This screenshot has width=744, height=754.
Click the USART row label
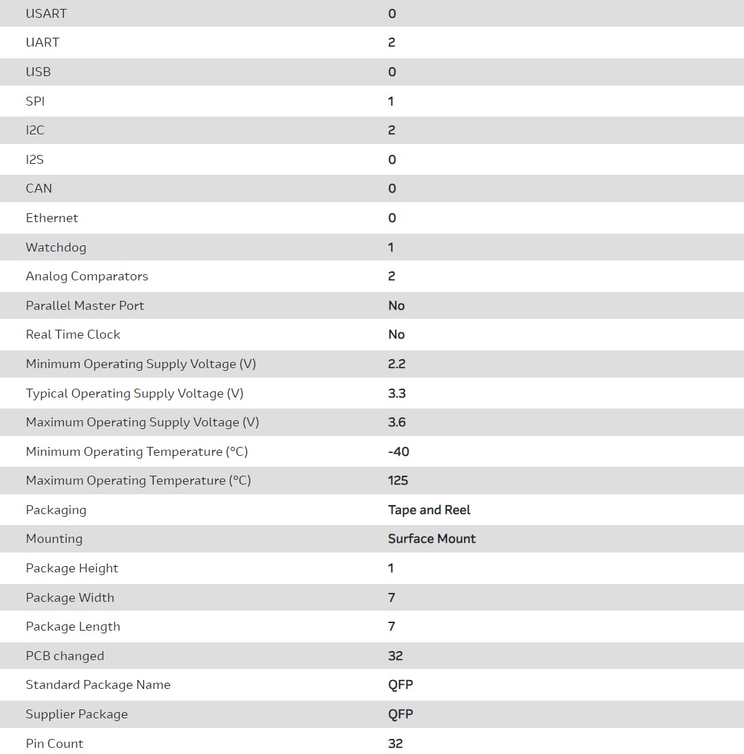[46, 13]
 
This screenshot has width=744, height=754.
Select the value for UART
[392, 42]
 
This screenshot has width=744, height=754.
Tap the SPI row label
[35, 101]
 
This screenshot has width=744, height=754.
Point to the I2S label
[35, 160]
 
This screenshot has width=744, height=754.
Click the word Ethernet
[52, 218]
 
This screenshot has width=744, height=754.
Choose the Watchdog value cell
[391, 247]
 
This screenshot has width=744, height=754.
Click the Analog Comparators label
[87, 276]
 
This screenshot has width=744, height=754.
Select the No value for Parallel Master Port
[396, 306]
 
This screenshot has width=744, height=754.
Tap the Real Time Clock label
[73, 335]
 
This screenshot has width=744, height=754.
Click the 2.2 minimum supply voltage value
[397, 364]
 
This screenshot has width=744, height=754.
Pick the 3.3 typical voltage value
[397, 393]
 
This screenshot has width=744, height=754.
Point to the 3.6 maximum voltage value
[397, 422]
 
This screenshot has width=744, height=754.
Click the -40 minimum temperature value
[398, 452]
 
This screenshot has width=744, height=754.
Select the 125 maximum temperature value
[398, 481]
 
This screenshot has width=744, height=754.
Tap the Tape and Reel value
[429, 510]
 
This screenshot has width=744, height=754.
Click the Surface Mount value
[432, 539]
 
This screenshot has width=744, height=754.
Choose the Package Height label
[72, 568]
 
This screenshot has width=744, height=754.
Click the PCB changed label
[65, 656]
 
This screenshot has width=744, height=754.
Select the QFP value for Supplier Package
[400, 714]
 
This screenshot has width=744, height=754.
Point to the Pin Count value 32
[396, 744]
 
